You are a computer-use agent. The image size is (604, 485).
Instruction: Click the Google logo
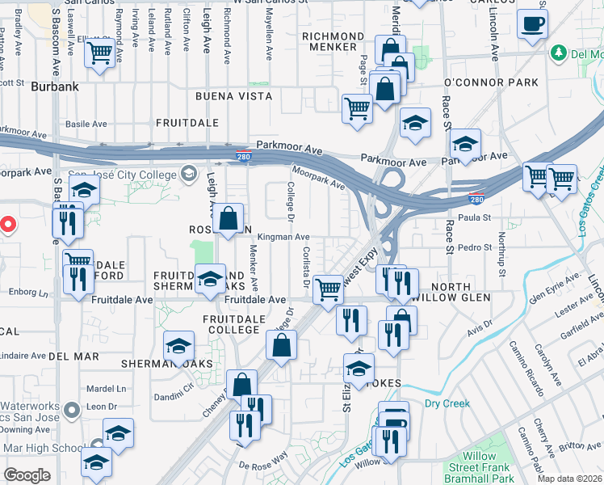point(27,475)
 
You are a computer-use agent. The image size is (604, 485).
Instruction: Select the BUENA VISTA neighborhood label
point(233,96)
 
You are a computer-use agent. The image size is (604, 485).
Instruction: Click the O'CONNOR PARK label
point(491,83)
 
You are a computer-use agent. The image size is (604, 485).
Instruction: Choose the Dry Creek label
point(447,402)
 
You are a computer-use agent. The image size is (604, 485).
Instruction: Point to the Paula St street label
point(476,217)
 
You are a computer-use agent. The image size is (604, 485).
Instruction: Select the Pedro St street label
point(476,247)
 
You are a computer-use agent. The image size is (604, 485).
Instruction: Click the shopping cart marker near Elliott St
point(99,55)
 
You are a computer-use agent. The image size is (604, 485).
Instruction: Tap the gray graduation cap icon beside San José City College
point(189,173)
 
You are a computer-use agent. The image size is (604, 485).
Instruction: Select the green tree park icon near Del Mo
point(558,53)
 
